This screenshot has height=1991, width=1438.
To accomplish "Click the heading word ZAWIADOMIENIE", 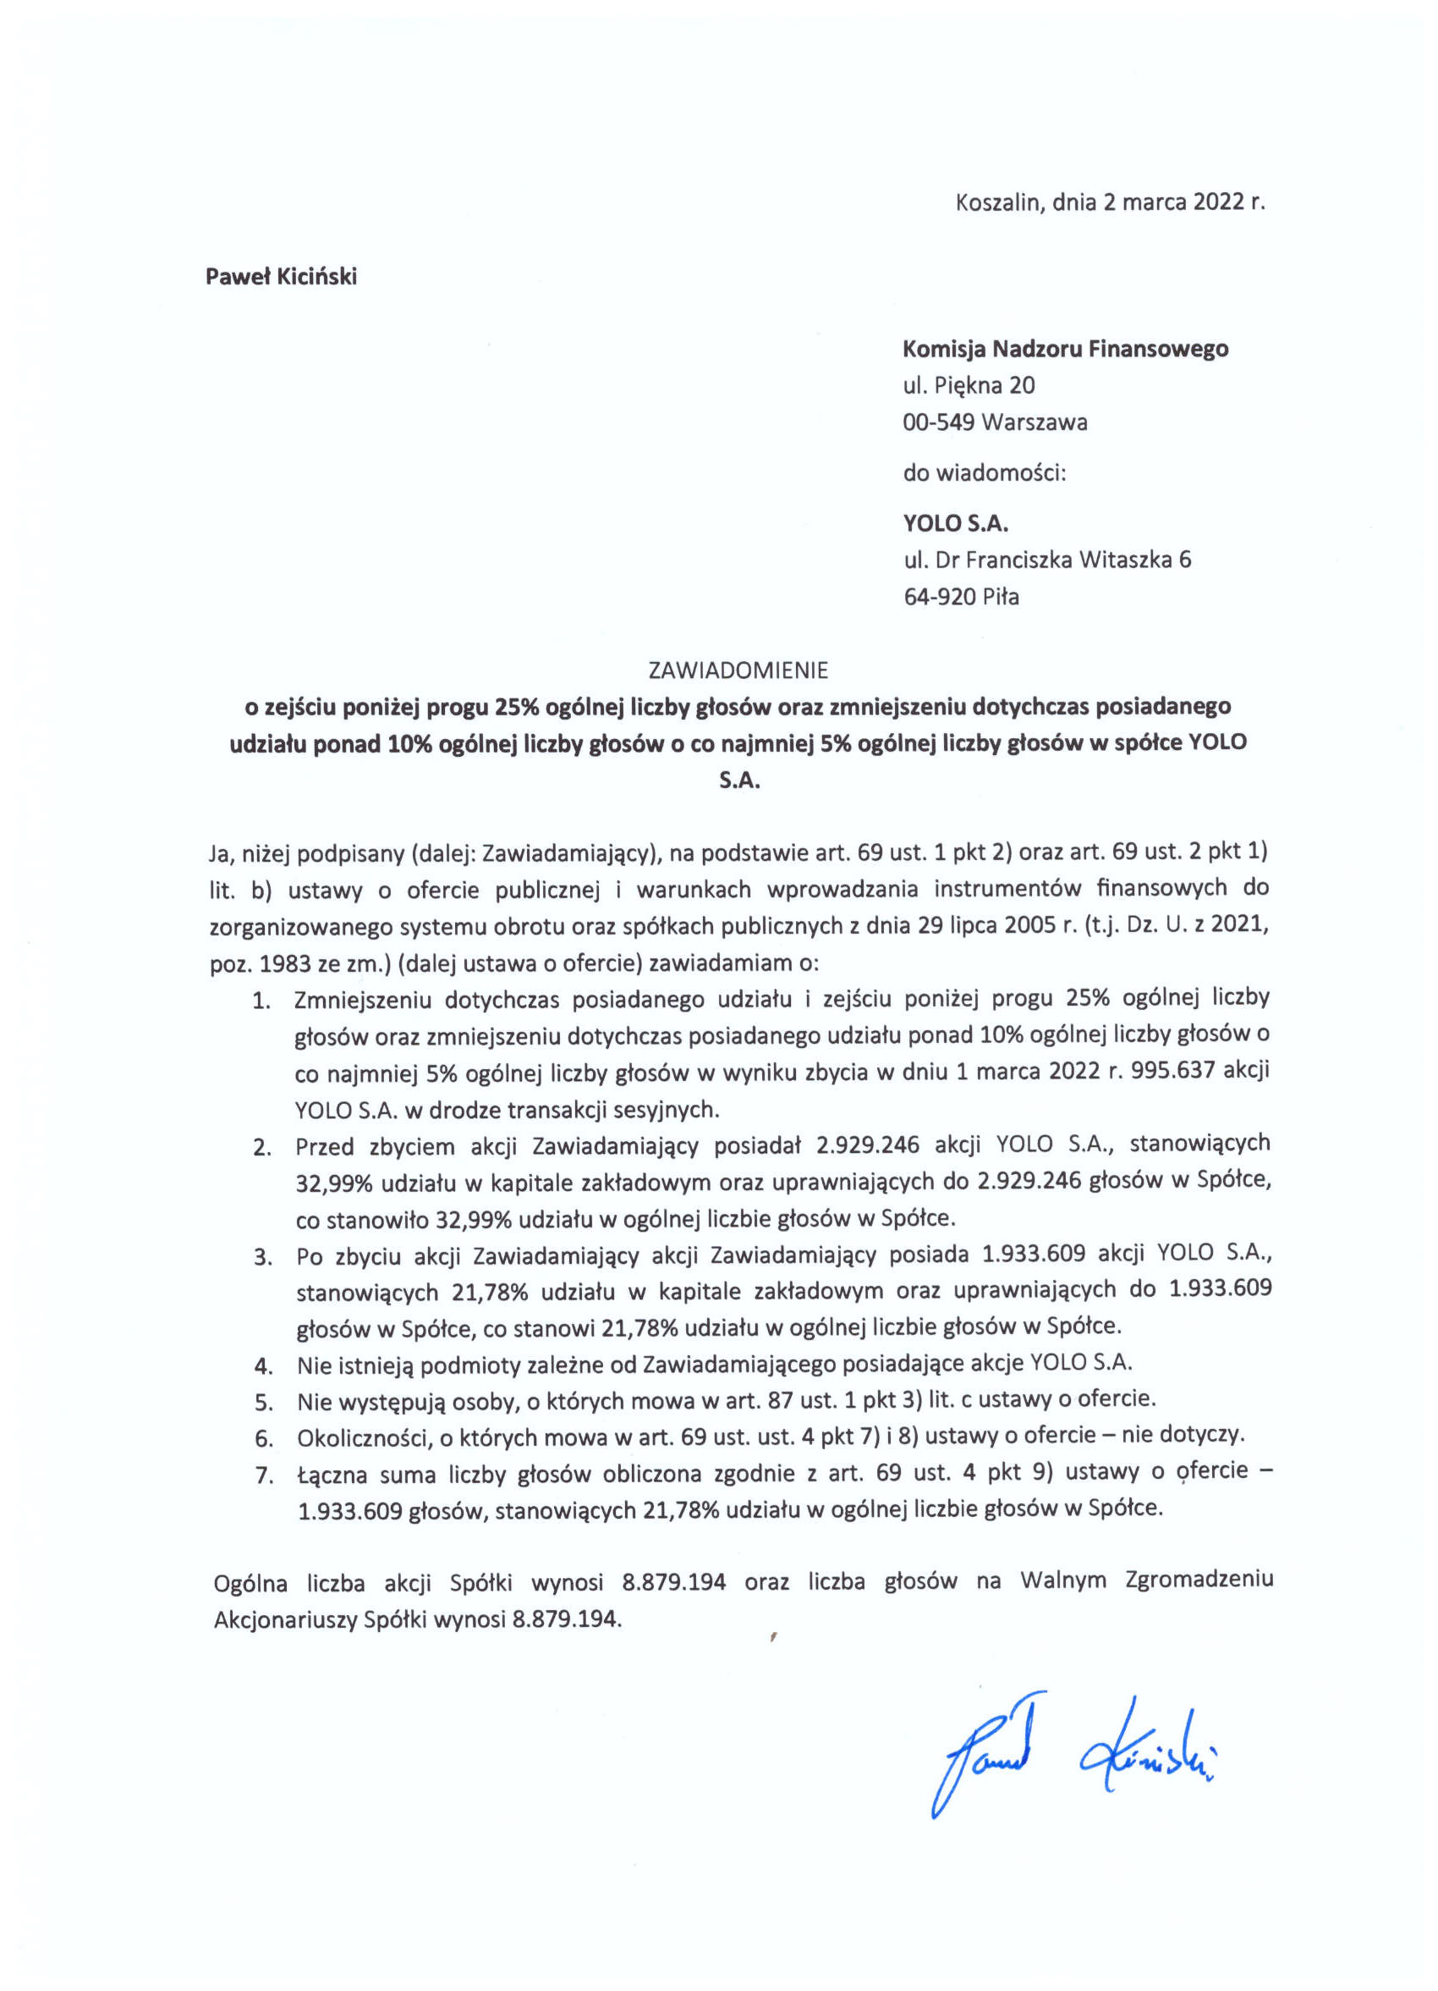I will (737, 670).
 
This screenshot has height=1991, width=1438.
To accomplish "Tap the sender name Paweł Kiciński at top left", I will (281, 277).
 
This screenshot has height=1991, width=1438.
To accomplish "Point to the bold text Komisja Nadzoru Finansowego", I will (1065, 349).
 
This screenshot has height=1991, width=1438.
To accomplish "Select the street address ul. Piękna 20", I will (969, 385).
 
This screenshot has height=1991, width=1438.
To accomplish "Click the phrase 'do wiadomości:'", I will (984, 474).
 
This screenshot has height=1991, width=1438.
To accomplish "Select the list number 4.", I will (261, 1365).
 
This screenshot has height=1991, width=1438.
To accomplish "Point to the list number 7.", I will (261, 1475).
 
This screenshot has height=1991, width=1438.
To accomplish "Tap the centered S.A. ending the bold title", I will (738, 780).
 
